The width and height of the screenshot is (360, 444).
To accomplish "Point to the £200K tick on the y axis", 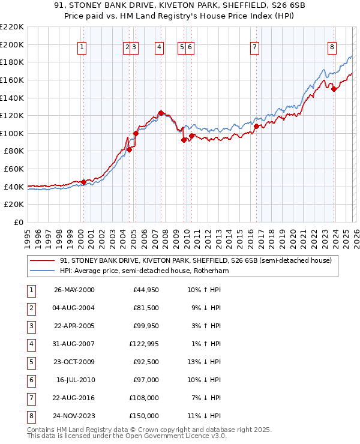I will coord(13,44).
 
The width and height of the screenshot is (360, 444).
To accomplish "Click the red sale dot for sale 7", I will coord(256,127).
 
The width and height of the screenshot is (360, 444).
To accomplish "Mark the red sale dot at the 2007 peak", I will coord(161,113).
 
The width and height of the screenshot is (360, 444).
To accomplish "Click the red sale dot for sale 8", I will coord(334,89).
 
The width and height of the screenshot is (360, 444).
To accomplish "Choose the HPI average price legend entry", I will coord(144,271).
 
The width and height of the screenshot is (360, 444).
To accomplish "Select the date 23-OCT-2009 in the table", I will coord(74,362).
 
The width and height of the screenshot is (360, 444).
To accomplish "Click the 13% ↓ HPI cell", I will coord(204,362).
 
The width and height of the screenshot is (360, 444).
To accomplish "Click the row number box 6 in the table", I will coord(31,380).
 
